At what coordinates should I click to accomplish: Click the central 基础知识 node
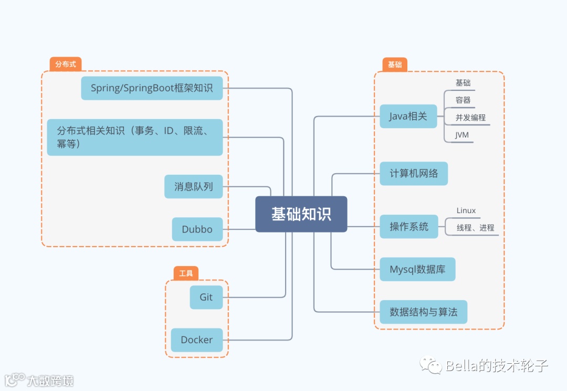click(x=301, y=214)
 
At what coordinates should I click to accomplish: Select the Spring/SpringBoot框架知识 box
click(x=152, y=88)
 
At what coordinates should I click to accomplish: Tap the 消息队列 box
click(x=193, y=186)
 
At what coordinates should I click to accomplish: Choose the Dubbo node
click(x=197, y=229)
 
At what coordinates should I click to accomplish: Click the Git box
click(x=206, y=297)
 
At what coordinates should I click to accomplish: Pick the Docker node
click(x=197, y=340)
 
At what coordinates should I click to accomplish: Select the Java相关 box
click(x=408, y=117)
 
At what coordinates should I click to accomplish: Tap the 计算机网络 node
click(x=414, y=173)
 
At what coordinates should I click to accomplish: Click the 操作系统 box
click(x=408, y=227)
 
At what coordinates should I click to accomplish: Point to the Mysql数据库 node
click(x=417, y=269)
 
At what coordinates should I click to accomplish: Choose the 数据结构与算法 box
click(x=423, y=312)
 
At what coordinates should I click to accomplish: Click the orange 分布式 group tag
click(x=66, y=65)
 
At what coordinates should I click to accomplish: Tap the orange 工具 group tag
click(x=186, y=273)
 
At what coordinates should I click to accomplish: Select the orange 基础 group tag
click(x=395, y=65)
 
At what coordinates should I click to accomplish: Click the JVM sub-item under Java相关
click(x=462, y=135)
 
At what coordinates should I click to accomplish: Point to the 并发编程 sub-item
click(x=470, y=118)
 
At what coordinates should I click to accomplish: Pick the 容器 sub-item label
click(x=463, y=100)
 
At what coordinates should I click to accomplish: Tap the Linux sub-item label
click(x=466, y=210)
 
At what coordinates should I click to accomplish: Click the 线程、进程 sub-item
click(x=475, y=228)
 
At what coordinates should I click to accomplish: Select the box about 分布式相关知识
click(x=135, y=137)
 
